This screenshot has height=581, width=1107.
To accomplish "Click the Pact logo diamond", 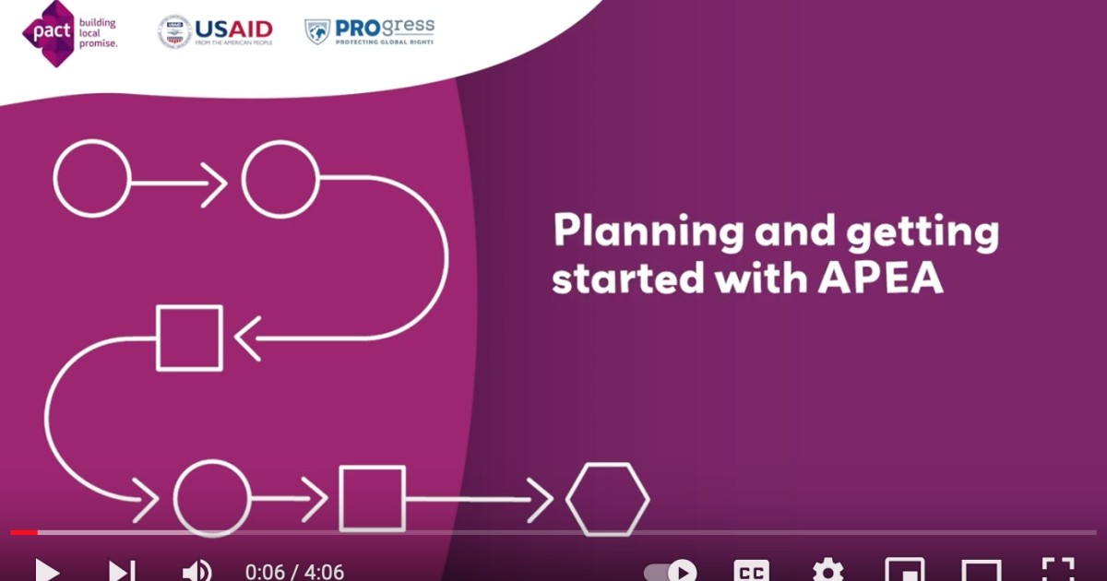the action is pyautogui.click(x=48, y=33).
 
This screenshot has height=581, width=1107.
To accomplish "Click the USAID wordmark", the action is pyautogui.click(x=233, y=30).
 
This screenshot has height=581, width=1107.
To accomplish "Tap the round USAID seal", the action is pyautogui.click(x=174, y=31).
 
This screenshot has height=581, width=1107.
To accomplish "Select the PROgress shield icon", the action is pyautogui.click(x=317, y=31).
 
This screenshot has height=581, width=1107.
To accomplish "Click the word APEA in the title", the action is pyautogui.click(x=880, y=279).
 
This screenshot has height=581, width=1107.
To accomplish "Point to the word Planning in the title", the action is pyautogui.click(x=648, y=231).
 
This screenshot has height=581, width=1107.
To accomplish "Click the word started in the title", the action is pyautogui.click(x=627, y=278).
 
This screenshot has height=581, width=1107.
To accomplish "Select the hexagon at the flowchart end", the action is pyautogui.click(x=607, y=499).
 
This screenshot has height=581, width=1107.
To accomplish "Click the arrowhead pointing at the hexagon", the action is pyautogui.click(x=541, y=500).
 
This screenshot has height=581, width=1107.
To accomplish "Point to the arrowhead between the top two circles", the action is pyautogui.click(x=214, y=184).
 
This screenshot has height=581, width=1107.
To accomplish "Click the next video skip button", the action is pyautogui.click(x=122, y=571).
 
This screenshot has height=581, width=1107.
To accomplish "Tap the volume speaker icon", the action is pyautogui.click(x=196, y=571).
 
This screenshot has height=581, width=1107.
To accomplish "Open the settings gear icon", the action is pyautogui.click(x=827, y=571).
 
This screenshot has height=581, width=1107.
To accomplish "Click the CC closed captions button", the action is pyautogui.click(x=751, y=571).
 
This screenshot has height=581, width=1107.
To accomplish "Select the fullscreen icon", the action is pyautogui.click(x=1058, y=570).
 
